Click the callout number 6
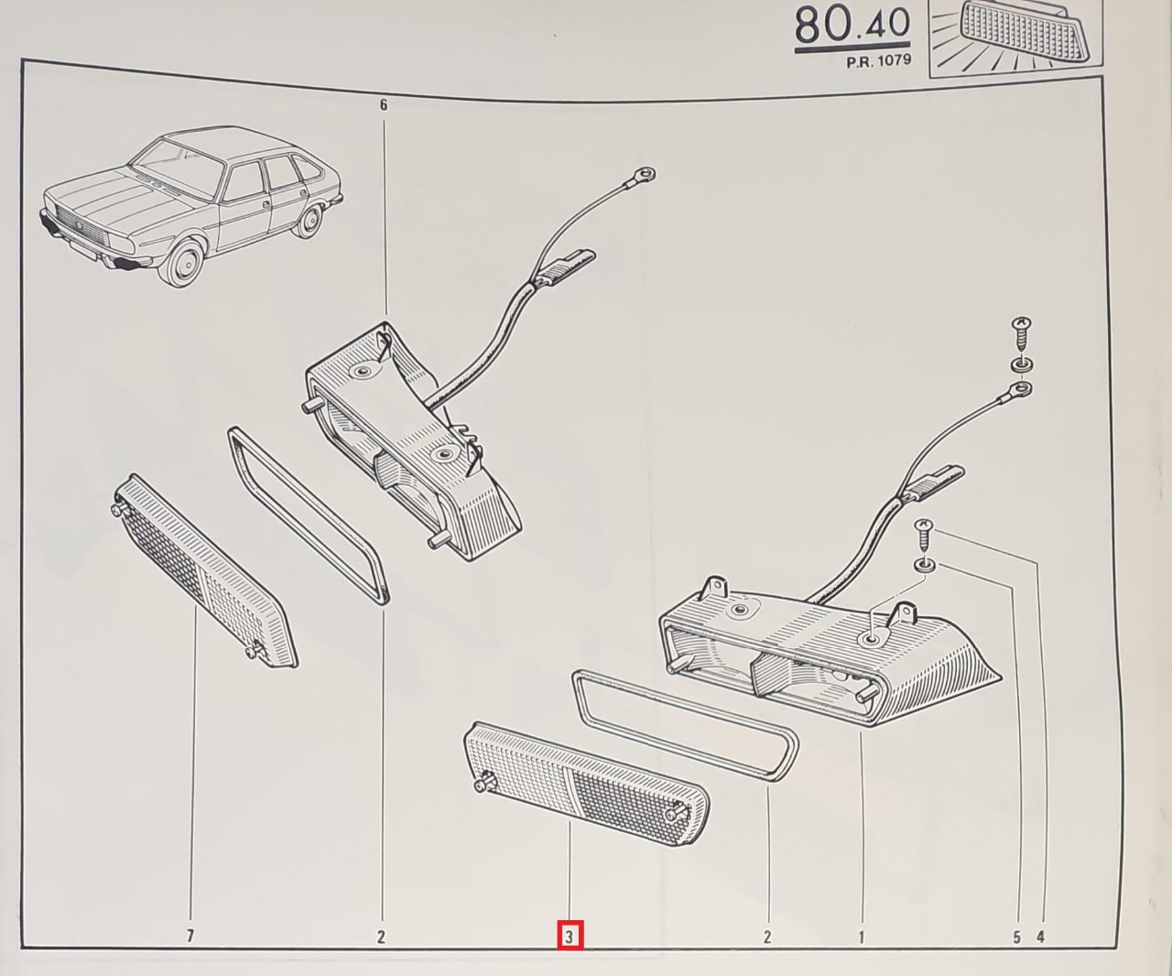[x=384, y=105]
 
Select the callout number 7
[x=190, y=936]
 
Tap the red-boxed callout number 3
[x=570, y=937]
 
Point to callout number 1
[x=862, y=936]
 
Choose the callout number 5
[x=1016, y=937]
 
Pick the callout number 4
[x=1041, y=937]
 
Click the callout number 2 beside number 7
[x=381, y=936]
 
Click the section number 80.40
[x=852, y=27]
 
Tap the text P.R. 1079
[x=879, y=61]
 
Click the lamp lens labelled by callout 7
[x=204, y=571]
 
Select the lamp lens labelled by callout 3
[x=586, y=784]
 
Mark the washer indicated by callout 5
[x=924, y=565]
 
